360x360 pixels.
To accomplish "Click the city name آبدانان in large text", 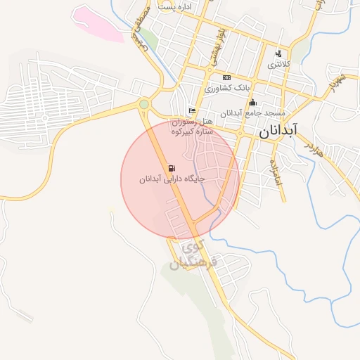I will tap(278, 130).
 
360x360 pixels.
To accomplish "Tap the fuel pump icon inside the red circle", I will tap(172, 168).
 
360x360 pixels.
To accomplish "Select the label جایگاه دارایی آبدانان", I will tap(172, 179).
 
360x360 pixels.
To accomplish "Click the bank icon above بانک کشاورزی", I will tap(226, 77).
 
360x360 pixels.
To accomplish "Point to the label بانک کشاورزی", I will tap(227, 89).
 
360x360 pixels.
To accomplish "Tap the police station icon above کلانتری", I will tap(279, 53).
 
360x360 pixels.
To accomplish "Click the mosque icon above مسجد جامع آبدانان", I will tap(253, 103).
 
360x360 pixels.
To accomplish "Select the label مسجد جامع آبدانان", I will tap(252, 113).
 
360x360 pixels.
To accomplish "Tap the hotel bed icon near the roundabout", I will tap(192, 110).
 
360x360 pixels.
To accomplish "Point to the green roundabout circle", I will tap(144, 105).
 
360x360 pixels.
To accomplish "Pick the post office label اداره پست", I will tap(176, 6).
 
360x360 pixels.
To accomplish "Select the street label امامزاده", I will tap(275, 169).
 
